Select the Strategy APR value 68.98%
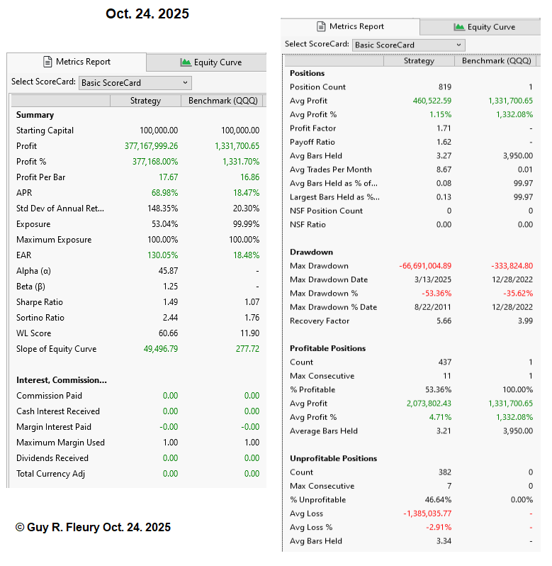point(164,193)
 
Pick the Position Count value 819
point(444,87)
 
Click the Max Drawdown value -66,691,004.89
point(424,266)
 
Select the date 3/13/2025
point(433,279)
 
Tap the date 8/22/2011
point(433,307)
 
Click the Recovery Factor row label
point(319,321)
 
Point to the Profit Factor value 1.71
point(444,128)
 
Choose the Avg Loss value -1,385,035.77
point(424,514)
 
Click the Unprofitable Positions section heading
point(333,458)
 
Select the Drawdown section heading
point(311,252)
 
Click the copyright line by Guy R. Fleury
point(93,528)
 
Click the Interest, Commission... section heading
point(62,380)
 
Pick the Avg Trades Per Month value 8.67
point(444,170)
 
